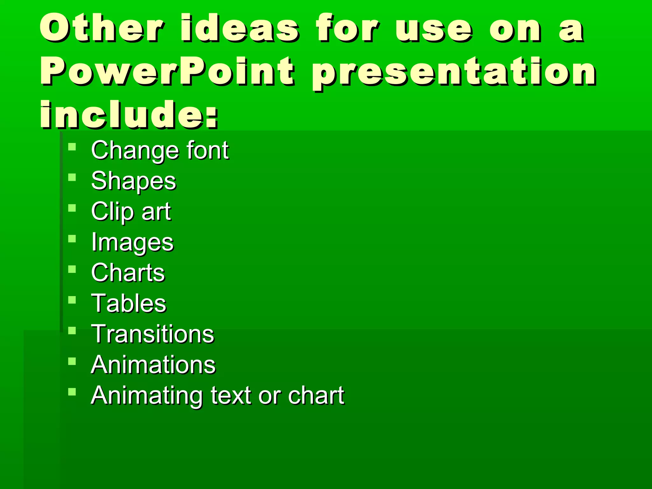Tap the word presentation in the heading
[x=453, y=73]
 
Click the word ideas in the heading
[x=240, y=28]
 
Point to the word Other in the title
[x=102, y=28]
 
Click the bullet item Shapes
[x=133, y=181]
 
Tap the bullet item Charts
[x=128, y=273]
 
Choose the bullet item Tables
[x=129, y=303]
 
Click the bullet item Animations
[x=153, y=365]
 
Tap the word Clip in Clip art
[x=112, y=212]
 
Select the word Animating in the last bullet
[x=147, y=396]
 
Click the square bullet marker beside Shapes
[x=72, y=177]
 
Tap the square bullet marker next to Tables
[x=72, y=300]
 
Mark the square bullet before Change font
[x=72, y=147]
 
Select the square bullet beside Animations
[x=72, y=361]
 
